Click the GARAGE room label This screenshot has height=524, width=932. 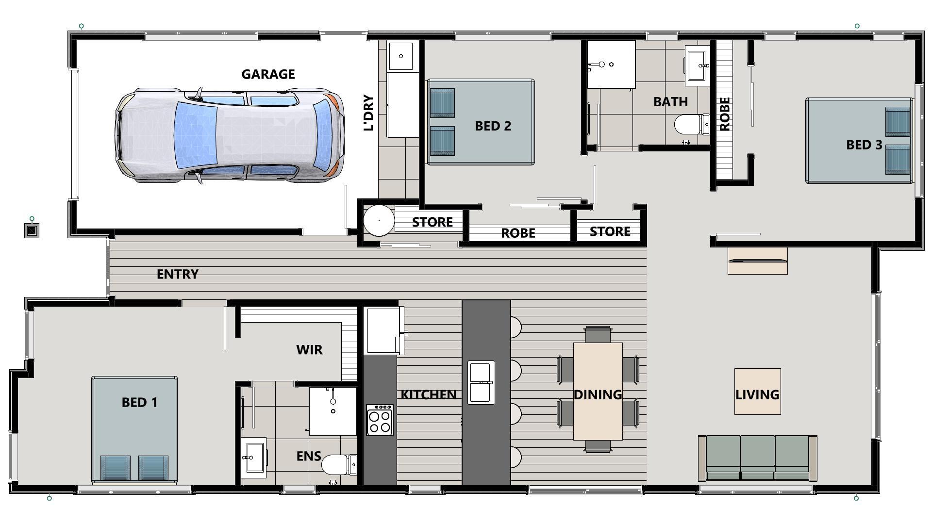tap(268, 74)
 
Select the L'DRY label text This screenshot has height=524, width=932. tap(369, 113)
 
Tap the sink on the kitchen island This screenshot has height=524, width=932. tap(481, 382)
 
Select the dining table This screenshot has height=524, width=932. tap(598, 391)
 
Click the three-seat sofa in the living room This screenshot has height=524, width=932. tap(757, 458)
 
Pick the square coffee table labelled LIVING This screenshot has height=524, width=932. tap(757, 392)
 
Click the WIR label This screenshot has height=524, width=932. tap(309, 350)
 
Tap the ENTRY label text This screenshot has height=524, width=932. tap(178, 275)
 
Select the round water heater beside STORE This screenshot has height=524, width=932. tap(379, 220)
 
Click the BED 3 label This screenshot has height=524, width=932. tap(864, 145)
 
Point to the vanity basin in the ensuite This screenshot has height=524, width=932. tap(254, 457)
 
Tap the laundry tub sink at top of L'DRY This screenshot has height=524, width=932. tap(400, 56)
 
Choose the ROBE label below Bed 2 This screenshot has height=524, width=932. tap(518, 233)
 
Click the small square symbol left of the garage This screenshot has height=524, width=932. tap(32, 230)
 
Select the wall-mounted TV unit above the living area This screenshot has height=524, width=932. tap(757, 261)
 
